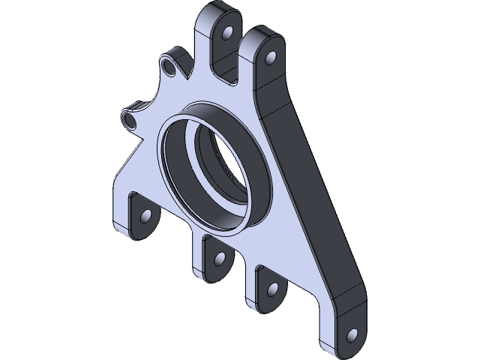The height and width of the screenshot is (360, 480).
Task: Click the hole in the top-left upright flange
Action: [x=226, y=34]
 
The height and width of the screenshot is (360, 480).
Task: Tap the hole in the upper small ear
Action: [x=170, y=69]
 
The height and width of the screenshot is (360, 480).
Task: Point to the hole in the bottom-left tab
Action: [x=145, y=218]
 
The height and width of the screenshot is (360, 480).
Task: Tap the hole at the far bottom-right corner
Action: [x=350, y=333]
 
